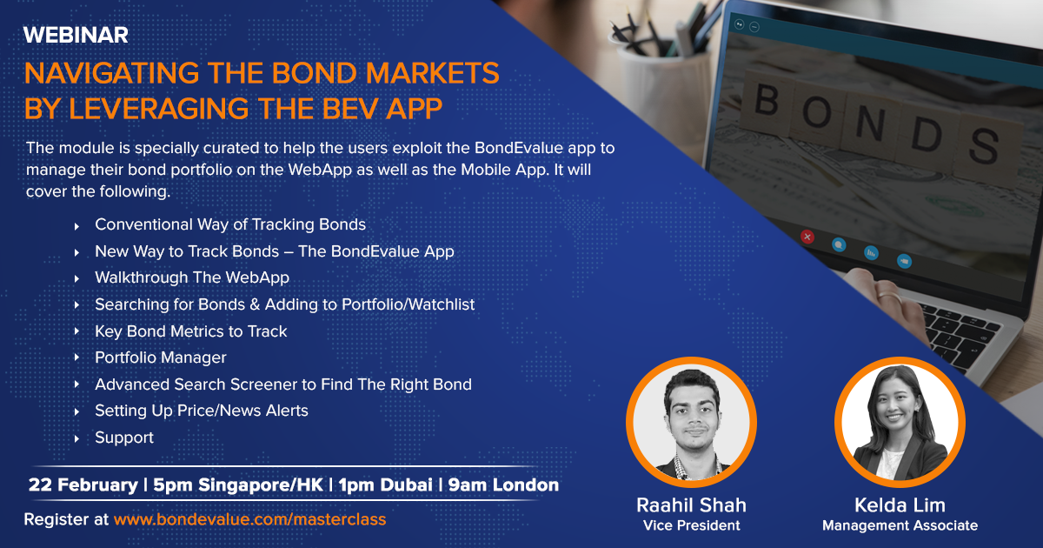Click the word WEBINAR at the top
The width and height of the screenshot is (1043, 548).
click(76, 35)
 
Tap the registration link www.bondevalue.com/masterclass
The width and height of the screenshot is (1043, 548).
click(250, 519)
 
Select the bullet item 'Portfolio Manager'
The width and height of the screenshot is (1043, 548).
click(161, 358)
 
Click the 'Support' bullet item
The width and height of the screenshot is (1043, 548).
click(124, 438)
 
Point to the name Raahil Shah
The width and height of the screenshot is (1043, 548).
click(692, 505)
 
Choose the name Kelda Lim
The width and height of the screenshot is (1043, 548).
click(900, 505)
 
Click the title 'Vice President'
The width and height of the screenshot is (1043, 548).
click(692, 525)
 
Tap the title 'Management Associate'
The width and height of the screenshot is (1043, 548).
click(900, 525)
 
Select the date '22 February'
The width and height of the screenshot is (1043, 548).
click(83, 485)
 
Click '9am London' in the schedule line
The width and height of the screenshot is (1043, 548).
click(503, 485)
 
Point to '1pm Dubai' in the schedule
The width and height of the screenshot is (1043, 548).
click(386, 485)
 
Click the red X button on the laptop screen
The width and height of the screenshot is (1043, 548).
click(807, 237)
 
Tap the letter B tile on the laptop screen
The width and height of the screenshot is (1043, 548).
click(766, 100)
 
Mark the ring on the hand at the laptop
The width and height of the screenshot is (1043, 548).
click(889, 297)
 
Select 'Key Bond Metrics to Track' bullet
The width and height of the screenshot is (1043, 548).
click(191, 331)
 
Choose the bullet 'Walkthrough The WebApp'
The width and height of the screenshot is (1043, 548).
click(192, 277)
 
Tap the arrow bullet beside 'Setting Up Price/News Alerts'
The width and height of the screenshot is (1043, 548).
click(76, 412)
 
